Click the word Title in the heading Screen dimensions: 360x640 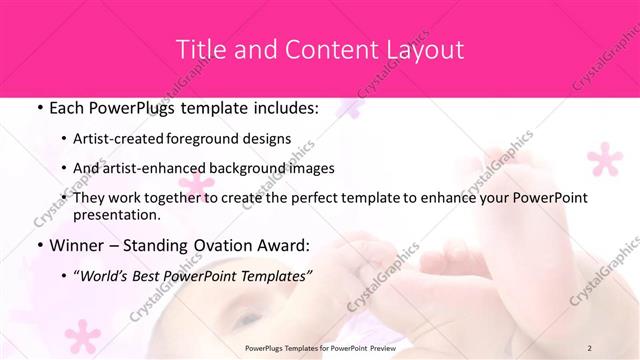[200, 50]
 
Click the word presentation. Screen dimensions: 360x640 [116, 214]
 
